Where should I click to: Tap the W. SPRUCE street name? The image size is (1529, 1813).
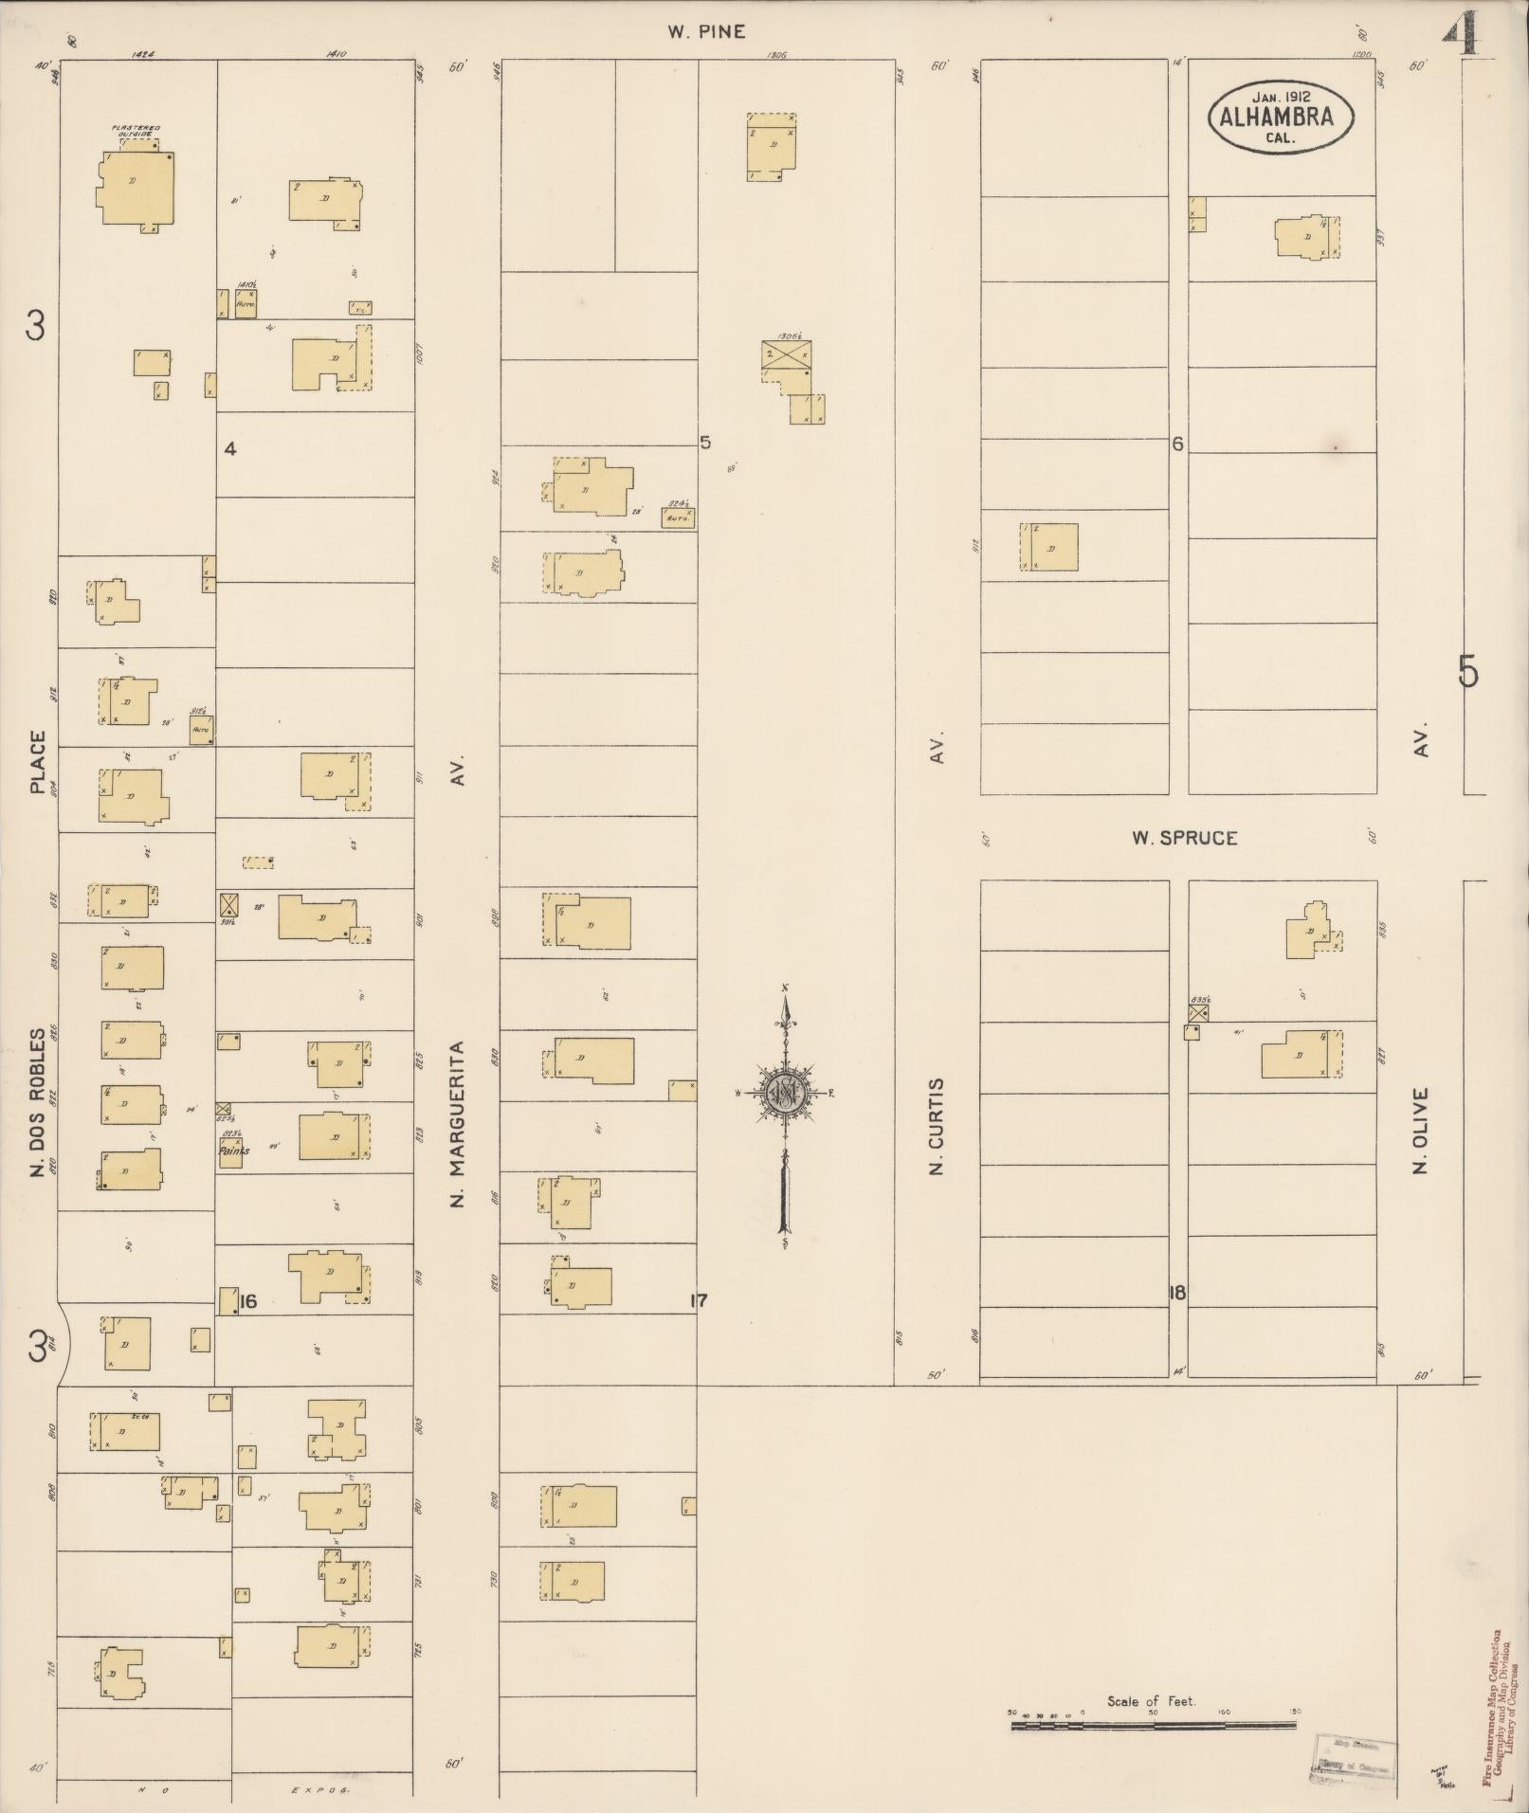[x=1184, y=838]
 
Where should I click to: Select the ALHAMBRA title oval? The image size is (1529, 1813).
[x=1281, y=117]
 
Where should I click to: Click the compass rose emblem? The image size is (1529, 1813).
[x=785, y=1095]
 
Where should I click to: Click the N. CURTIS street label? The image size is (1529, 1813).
[x=937, y=1126]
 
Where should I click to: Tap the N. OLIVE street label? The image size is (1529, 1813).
[x=1419, y=1130]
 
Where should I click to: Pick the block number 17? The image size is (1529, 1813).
[x=698, y=1300]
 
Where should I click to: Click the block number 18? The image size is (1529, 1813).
[x=1177, y=1292]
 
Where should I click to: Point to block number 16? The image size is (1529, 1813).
[x=247, y=1301]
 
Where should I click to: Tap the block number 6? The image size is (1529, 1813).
[x=1177, y=444]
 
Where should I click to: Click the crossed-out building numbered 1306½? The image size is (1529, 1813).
[x=786, y=354]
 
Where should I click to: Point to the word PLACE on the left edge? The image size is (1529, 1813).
[x=38, y=761]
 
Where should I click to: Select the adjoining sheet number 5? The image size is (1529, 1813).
[x=1467, y=671]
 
